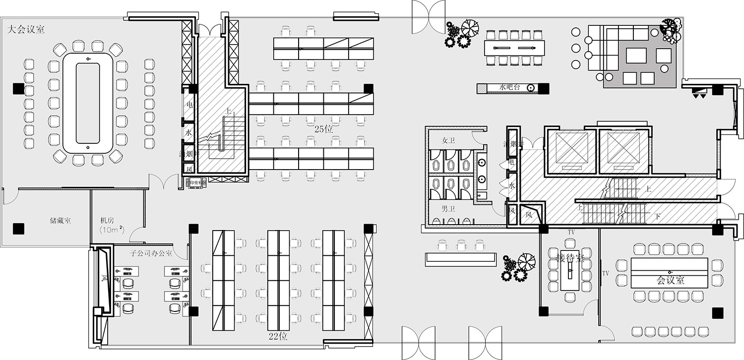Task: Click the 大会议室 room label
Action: click(26, 30)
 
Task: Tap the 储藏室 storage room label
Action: click(60, 220)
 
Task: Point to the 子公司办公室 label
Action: click(151, 253)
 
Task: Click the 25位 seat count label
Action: click(323, 129)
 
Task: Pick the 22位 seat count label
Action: click(278, 337)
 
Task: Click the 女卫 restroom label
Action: click(448, 140)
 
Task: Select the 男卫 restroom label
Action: click(448, 207)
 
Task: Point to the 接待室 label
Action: click(570, 258)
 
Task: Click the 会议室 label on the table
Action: click(671, 280)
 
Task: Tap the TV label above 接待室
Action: click(571, 232)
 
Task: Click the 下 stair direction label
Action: click(658, 217)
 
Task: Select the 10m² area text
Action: click(111, 230)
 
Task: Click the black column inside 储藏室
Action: click(18, 228)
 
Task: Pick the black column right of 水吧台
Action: click(544, 89)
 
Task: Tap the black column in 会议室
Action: click(717, 313)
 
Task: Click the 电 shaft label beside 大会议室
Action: click(189, 105)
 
